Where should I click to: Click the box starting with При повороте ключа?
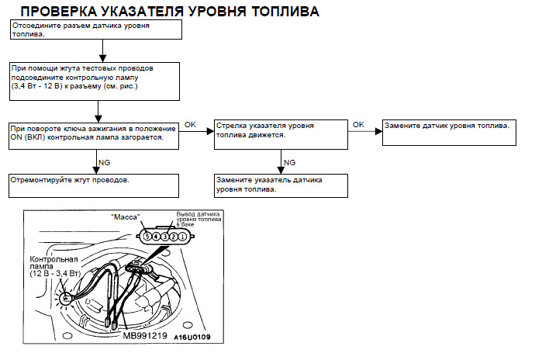coord(94,133)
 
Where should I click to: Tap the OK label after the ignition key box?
coord(190,124)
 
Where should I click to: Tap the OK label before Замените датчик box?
coord(358,124)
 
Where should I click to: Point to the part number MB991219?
coord(146,337)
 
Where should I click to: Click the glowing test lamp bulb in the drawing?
coord(66,296)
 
